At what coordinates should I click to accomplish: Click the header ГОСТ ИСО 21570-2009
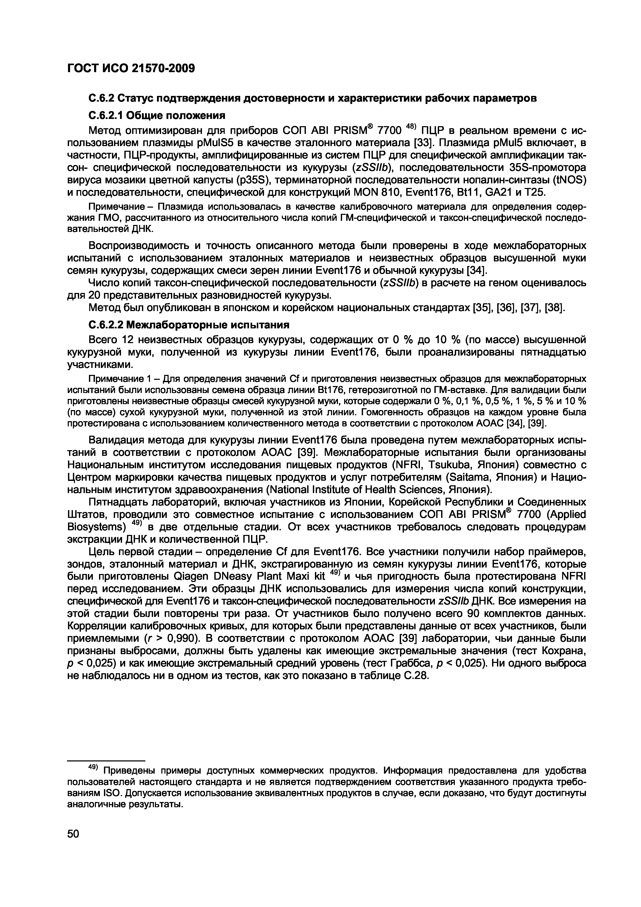(x=131, y=68)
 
